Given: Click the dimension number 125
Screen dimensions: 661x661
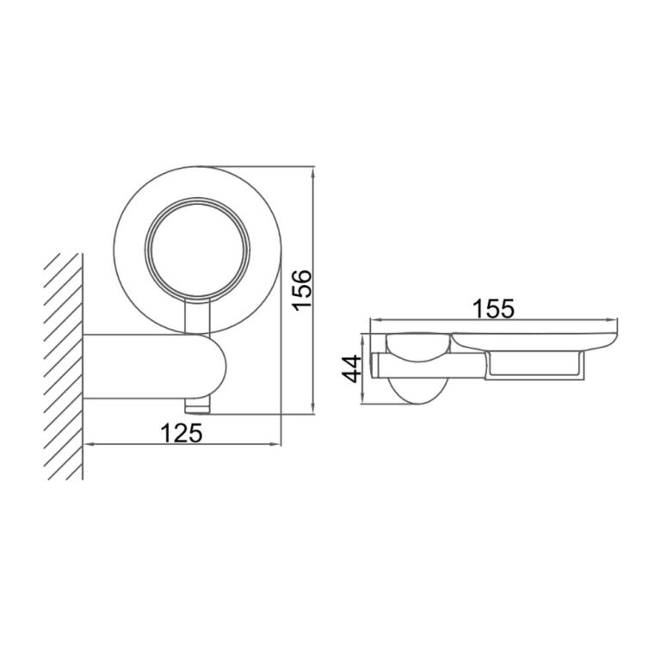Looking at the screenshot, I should [x=184, y=432].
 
